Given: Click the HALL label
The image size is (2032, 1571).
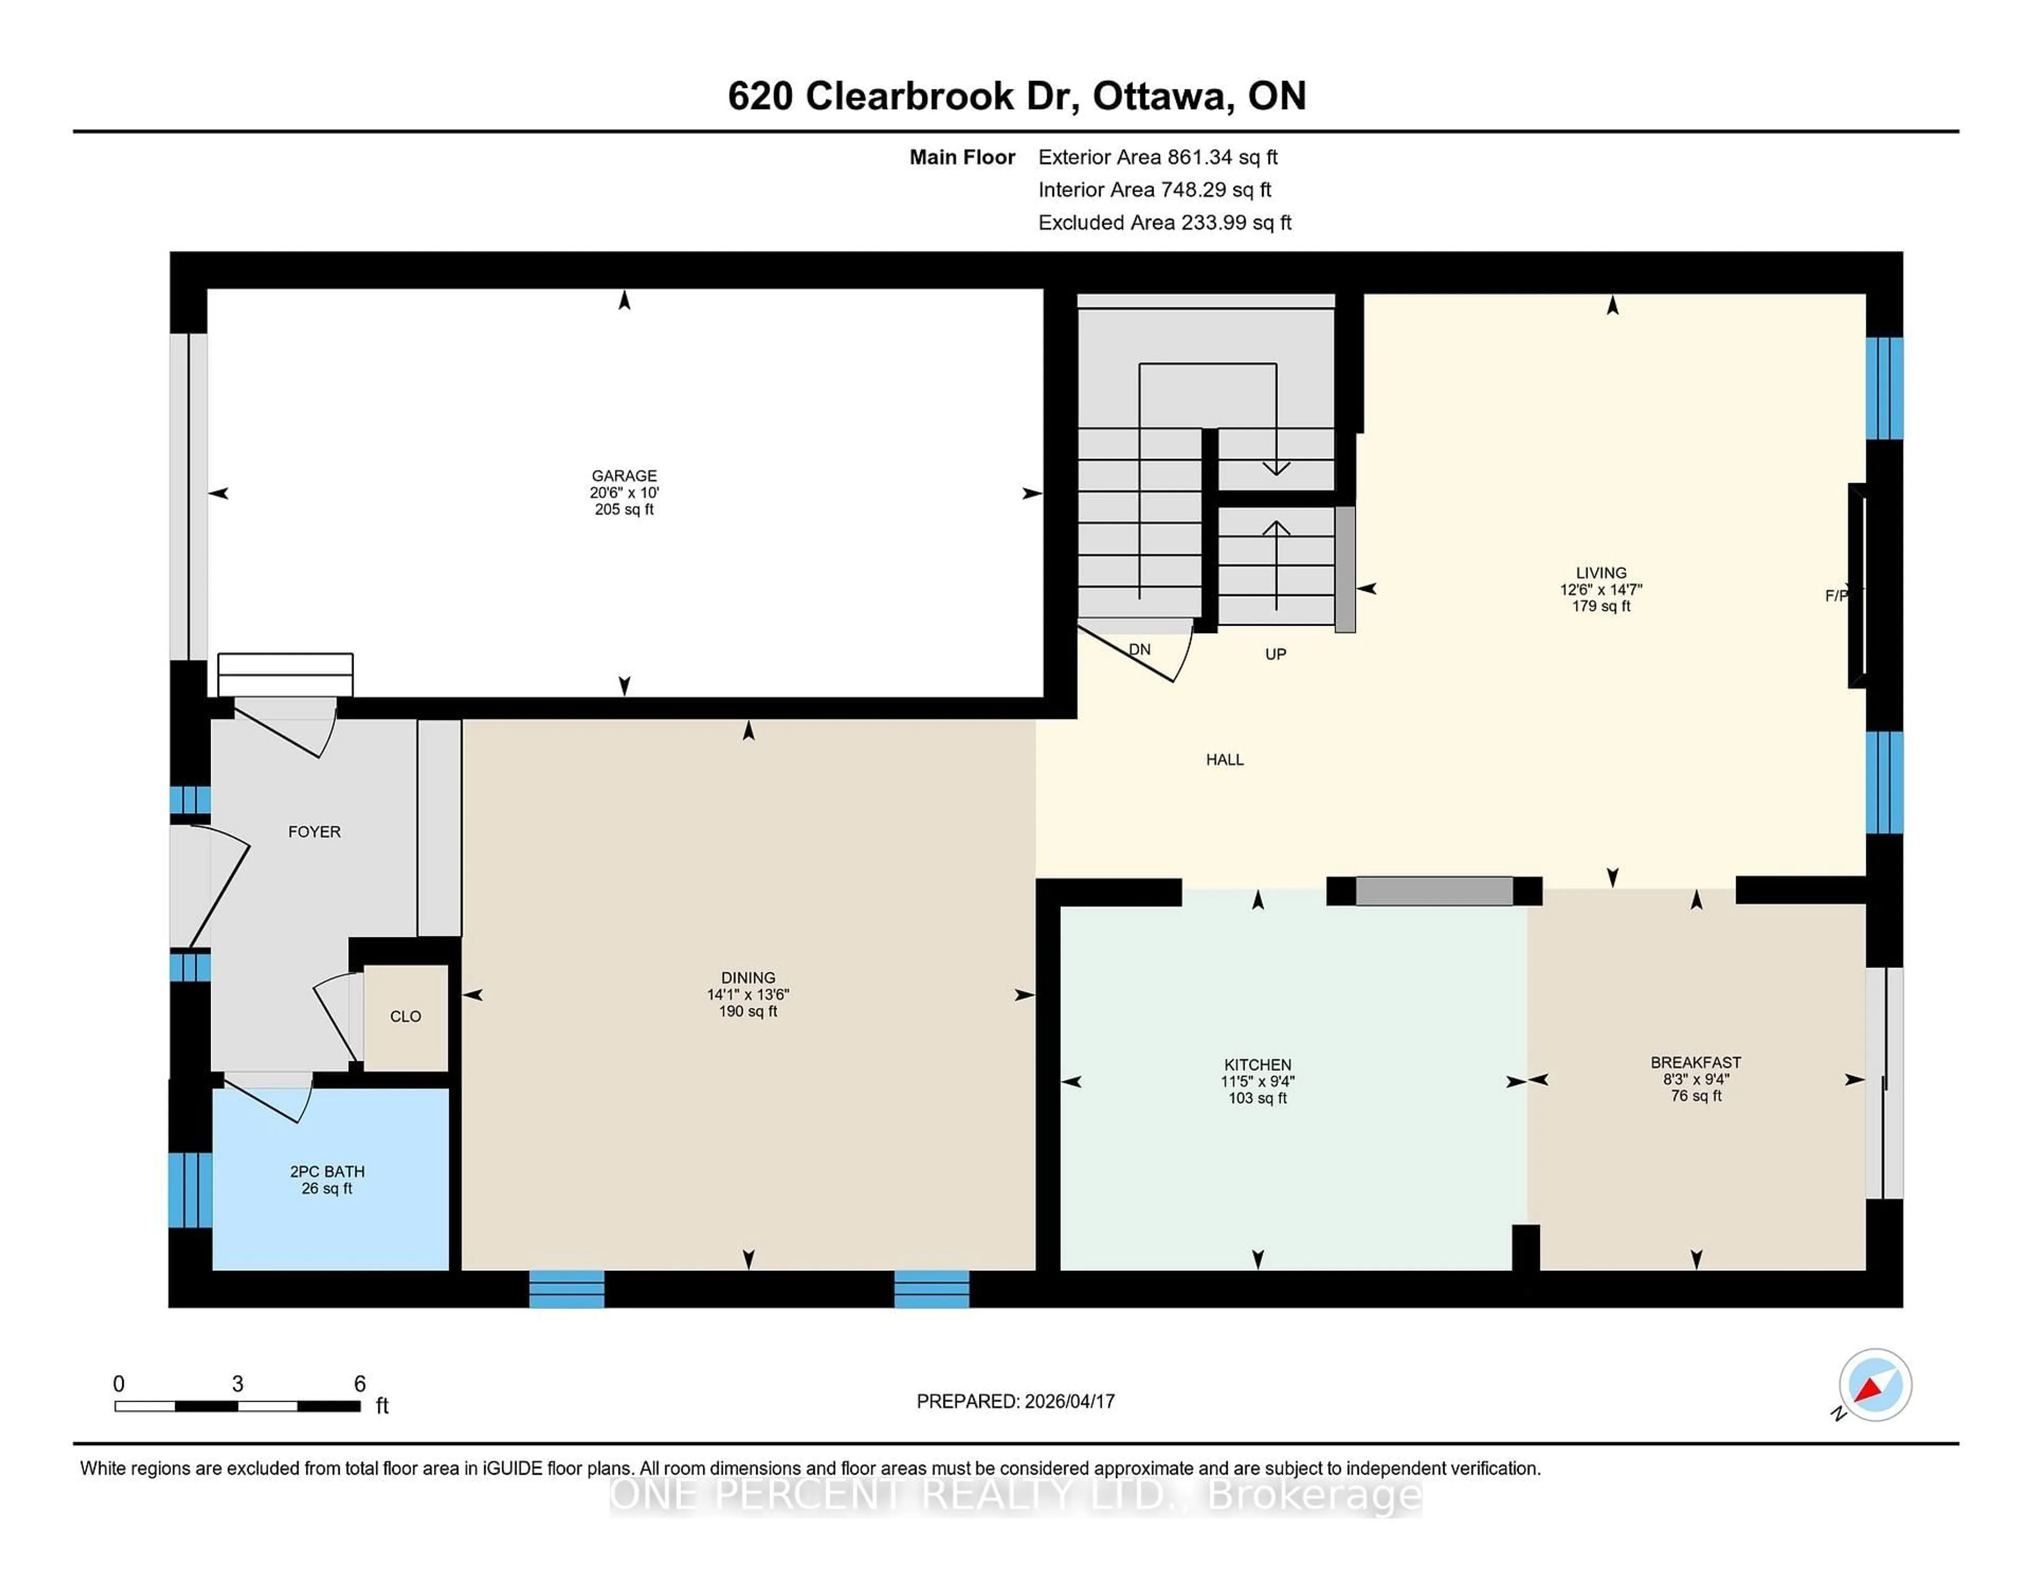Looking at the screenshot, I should point(1224,760).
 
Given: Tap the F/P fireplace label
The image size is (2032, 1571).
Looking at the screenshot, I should point(1837,595).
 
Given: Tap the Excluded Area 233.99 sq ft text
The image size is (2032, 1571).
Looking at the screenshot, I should point(1164,222).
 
